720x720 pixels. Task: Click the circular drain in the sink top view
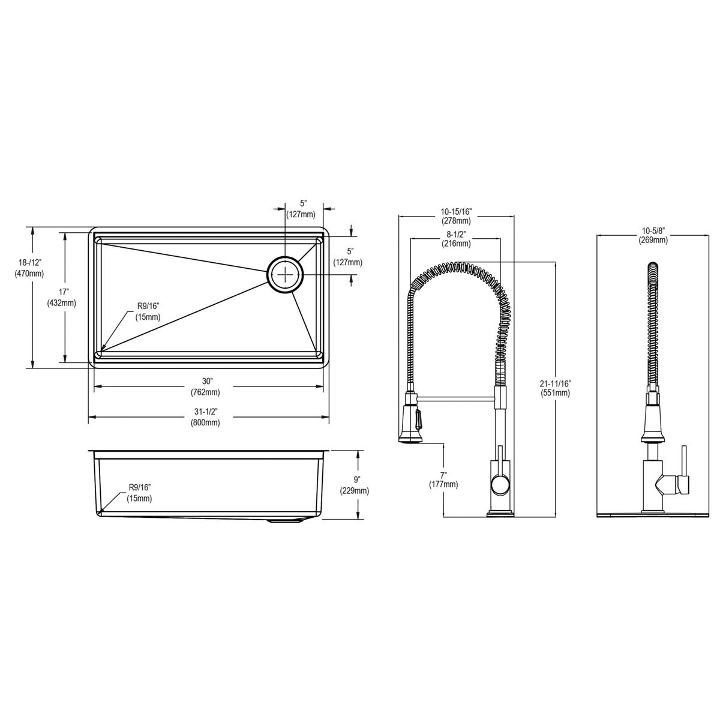point(285,275)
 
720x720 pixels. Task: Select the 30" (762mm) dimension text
point(206,387)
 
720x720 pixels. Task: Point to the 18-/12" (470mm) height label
point(29,268)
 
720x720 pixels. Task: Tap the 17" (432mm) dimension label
point(62,298)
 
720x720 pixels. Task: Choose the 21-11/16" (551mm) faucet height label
point(555,388)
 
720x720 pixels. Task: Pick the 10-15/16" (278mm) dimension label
point(456,216)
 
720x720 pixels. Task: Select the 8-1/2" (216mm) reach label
point(456,239)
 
